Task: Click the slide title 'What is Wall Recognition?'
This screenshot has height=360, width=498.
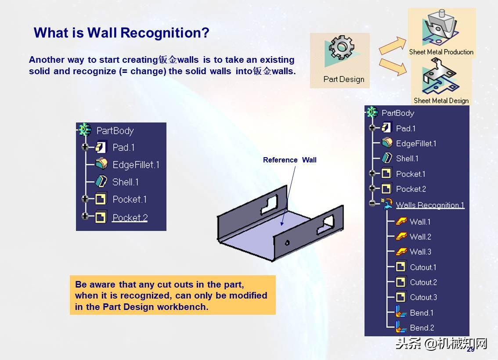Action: pos(121,32)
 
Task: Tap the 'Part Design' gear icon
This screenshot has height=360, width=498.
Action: pos(342,48)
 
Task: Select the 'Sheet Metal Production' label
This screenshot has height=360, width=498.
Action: pos(441,52)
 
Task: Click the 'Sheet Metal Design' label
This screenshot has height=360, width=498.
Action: pos(441,101)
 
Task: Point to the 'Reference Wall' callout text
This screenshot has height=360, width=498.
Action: pos(289,160)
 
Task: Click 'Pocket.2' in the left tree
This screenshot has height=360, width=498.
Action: pos(130,217)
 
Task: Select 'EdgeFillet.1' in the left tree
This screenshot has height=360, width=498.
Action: pos(136,165)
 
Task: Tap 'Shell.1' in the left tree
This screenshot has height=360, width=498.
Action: pos(125,182)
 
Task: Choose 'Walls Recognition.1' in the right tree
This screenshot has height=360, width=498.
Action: pos(430,205)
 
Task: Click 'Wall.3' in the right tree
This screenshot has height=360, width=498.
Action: pos(420,252)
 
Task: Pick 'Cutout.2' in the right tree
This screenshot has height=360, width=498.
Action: pos(423,282)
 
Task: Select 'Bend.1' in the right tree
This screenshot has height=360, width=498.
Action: pos(422,313)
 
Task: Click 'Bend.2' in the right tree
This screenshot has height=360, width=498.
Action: pos(422,328)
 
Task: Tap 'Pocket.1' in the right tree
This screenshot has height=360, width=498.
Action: pos(411,174)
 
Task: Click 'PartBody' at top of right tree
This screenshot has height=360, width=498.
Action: pos(397,113)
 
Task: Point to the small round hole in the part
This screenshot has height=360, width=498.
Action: pos(286,242)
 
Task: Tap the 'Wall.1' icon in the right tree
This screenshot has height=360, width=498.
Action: pos(401,222)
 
